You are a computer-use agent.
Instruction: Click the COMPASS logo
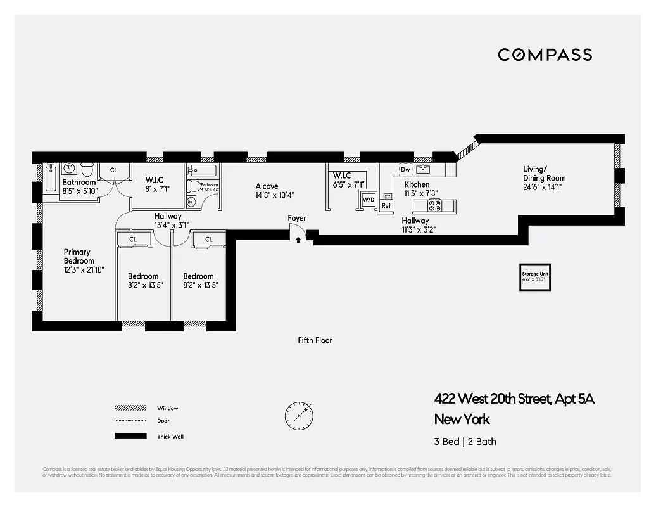[545, 55]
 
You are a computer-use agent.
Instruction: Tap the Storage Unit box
[535, 277]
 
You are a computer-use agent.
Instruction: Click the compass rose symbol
[299, 415]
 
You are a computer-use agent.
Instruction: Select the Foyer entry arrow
[298, 240]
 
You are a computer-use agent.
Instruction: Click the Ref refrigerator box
[386, 205]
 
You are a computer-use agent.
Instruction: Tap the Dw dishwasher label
[406, 169]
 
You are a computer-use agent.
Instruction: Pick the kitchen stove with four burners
[435, 205]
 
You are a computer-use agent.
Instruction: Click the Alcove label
[267, 186]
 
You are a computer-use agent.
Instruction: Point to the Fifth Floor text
[315, 340]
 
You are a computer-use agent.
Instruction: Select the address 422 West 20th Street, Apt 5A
[514, 399]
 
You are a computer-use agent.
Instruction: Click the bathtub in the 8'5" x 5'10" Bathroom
[51, 177]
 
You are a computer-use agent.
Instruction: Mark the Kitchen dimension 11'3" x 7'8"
[421, 193]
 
